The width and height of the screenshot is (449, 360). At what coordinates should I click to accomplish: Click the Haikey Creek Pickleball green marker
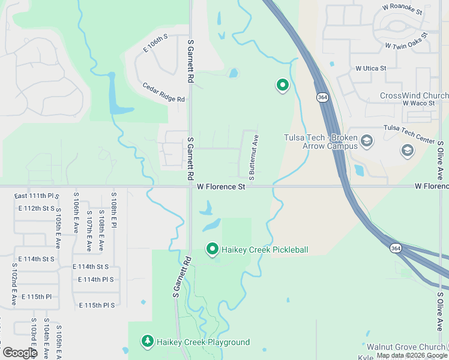point(212,248)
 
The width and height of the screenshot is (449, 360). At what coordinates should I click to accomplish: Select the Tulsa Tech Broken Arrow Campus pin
point(367,142)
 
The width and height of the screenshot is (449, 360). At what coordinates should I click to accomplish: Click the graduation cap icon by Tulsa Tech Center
point(408,151)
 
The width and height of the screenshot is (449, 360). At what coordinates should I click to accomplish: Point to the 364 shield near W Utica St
point(323,97)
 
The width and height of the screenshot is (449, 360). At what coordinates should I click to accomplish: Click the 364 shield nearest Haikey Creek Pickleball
point(395,248)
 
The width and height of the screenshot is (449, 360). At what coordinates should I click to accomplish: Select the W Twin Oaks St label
point(406,40)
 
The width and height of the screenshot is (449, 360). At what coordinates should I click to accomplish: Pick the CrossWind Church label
point(414,96)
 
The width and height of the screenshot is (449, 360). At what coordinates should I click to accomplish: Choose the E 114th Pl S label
point(95,280)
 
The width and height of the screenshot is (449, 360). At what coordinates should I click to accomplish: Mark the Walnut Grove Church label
point(405,347)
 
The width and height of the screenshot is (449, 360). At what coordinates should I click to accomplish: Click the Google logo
point(19,352)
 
